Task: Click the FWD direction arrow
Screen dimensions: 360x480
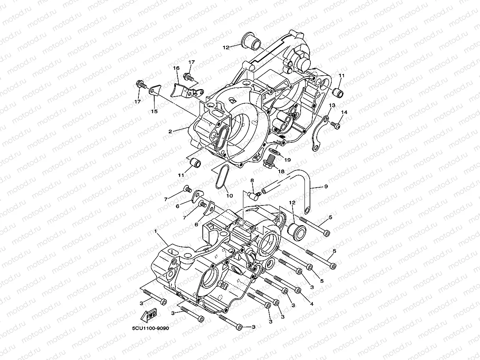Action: [x=148, y=316]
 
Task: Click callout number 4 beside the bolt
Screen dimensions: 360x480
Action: [x=312, y=304]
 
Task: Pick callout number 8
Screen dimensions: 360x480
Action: [x=252, y=180]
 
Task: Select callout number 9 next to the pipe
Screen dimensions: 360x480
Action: [x=326, y=187]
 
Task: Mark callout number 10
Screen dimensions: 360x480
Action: [x=229, y=195]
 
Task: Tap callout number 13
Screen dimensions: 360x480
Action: [x=332, y=105]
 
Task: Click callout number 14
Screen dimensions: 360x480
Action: [x=344, y=112]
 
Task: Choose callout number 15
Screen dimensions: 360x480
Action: [x=154, y=112]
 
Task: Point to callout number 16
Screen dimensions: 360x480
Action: [x=176, y=68]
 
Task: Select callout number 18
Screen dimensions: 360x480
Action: [x=281, y=171]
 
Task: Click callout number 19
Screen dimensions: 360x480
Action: [x=287, y=160]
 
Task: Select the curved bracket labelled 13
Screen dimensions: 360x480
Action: [x=318, y=134]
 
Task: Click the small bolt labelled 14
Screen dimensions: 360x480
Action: [x=336, y=125]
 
